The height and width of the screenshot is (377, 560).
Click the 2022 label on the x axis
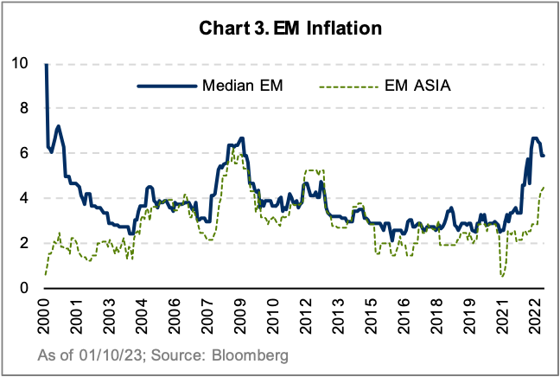(x=536, y=313)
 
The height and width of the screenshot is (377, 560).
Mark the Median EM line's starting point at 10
(x=45, y=64)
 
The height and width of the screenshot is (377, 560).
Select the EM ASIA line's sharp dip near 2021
(x=502, y=276)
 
